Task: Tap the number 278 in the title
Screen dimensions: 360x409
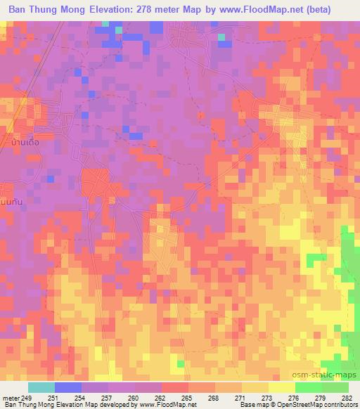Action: pyautogui.click(x=160, y=10)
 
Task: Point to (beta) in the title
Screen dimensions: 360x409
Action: pyautogui.click(x=334, y=10)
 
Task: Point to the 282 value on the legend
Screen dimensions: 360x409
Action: pyautogui.click(x=347, y=398)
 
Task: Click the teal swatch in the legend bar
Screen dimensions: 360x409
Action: pyautogui.click(x=41, y=387)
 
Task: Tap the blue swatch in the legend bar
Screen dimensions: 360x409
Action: pyautogui.click(x=68, y=387)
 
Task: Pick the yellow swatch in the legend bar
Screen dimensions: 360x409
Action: pyautogui.click(x=281, y=387)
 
